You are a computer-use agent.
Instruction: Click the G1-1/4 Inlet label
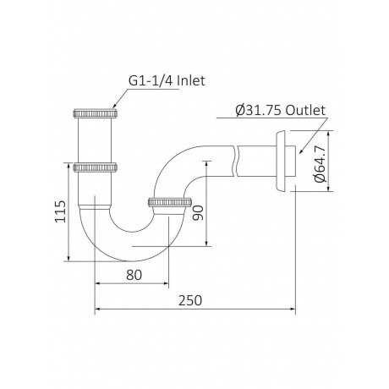pos(167,81)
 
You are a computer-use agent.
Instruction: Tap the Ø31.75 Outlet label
pos(281,110)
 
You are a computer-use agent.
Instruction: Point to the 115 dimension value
pos(60,211)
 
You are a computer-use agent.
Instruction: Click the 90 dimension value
pos(198,213)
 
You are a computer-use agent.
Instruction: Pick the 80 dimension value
pos(134,275)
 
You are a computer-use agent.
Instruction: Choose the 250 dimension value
pos(190,300)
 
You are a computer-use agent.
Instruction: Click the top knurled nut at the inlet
pos(96,113)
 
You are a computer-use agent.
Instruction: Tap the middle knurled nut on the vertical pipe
pos(96,167)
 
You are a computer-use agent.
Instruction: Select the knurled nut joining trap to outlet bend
pos(170,202)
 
